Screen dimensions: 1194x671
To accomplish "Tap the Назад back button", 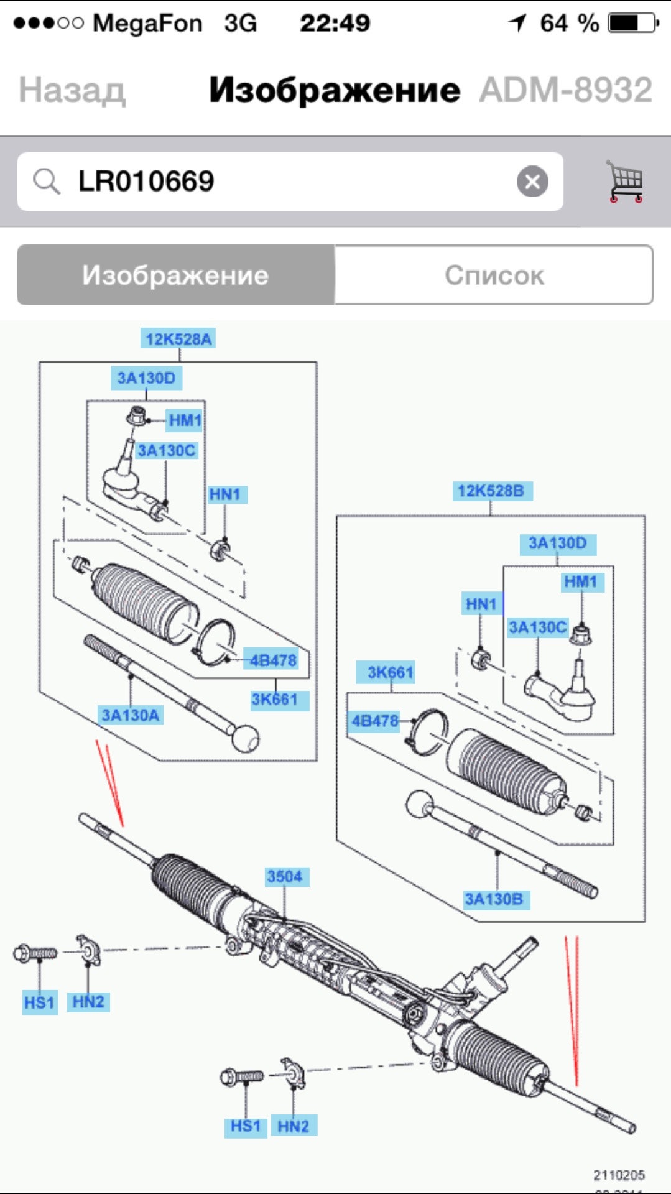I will coord(72,91).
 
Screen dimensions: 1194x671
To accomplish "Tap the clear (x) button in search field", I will coord(532,182).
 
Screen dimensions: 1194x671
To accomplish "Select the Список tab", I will coord(494,275).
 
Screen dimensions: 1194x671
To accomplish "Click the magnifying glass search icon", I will coord(47,182).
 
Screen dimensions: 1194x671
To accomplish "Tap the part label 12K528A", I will coord(178,339).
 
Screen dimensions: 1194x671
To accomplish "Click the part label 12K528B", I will coord(491,491).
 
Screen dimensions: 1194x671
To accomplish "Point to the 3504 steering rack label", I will coord(284,876).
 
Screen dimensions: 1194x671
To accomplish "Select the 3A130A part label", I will coord(131,715).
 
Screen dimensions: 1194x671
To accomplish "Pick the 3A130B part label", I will coord(494,899).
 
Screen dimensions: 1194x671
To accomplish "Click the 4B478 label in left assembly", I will coord(273,660).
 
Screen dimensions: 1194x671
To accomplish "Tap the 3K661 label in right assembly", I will coord(390,672).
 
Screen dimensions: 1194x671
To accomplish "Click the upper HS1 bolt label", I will coord(39,1002).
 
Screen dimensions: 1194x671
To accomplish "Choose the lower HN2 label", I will coord(293,1126).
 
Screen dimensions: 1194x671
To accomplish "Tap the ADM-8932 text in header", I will coord(566,91).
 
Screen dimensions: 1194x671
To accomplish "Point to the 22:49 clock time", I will coord(335,24).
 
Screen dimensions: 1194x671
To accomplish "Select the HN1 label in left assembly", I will coord(224,494).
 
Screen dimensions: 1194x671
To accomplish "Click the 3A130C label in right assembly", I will coord(537,627).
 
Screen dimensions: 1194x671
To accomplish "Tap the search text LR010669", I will coord(146,182).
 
